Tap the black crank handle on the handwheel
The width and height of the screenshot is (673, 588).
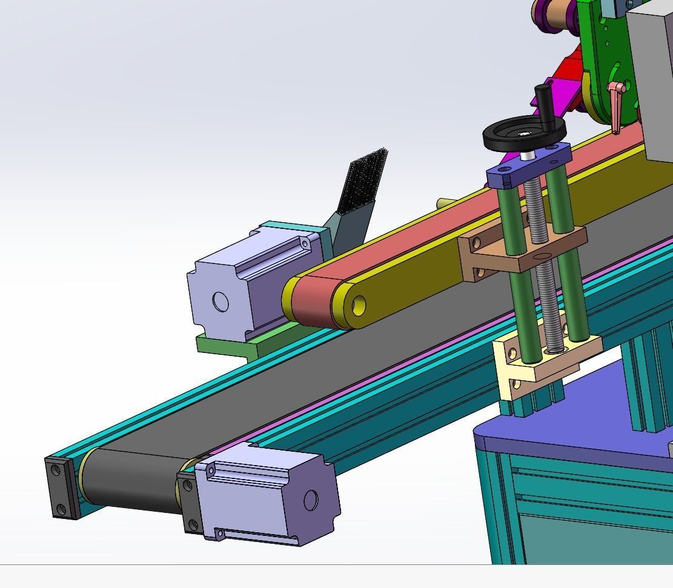point(543,101)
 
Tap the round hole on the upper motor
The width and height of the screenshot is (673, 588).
point(220,302)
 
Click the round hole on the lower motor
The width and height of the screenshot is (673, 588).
point(310,500)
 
